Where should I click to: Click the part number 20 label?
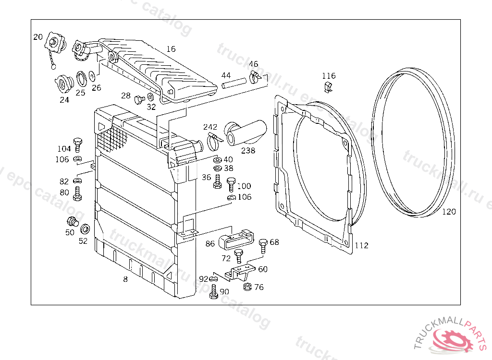[38, 37]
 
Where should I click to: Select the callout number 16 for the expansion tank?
[171, 49]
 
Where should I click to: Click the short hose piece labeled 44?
[233, 85]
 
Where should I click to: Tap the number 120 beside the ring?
[449, 212]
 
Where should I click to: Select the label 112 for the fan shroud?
[361, 246]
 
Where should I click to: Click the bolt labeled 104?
[77, 144]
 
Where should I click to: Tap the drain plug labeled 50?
[72, 222]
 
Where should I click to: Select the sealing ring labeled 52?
[85, 229]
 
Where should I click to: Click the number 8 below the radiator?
[125, 279]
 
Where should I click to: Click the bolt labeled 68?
[263, 245]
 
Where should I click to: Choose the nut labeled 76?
[247, 288]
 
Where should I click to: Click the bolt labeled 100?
[231, 183]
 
